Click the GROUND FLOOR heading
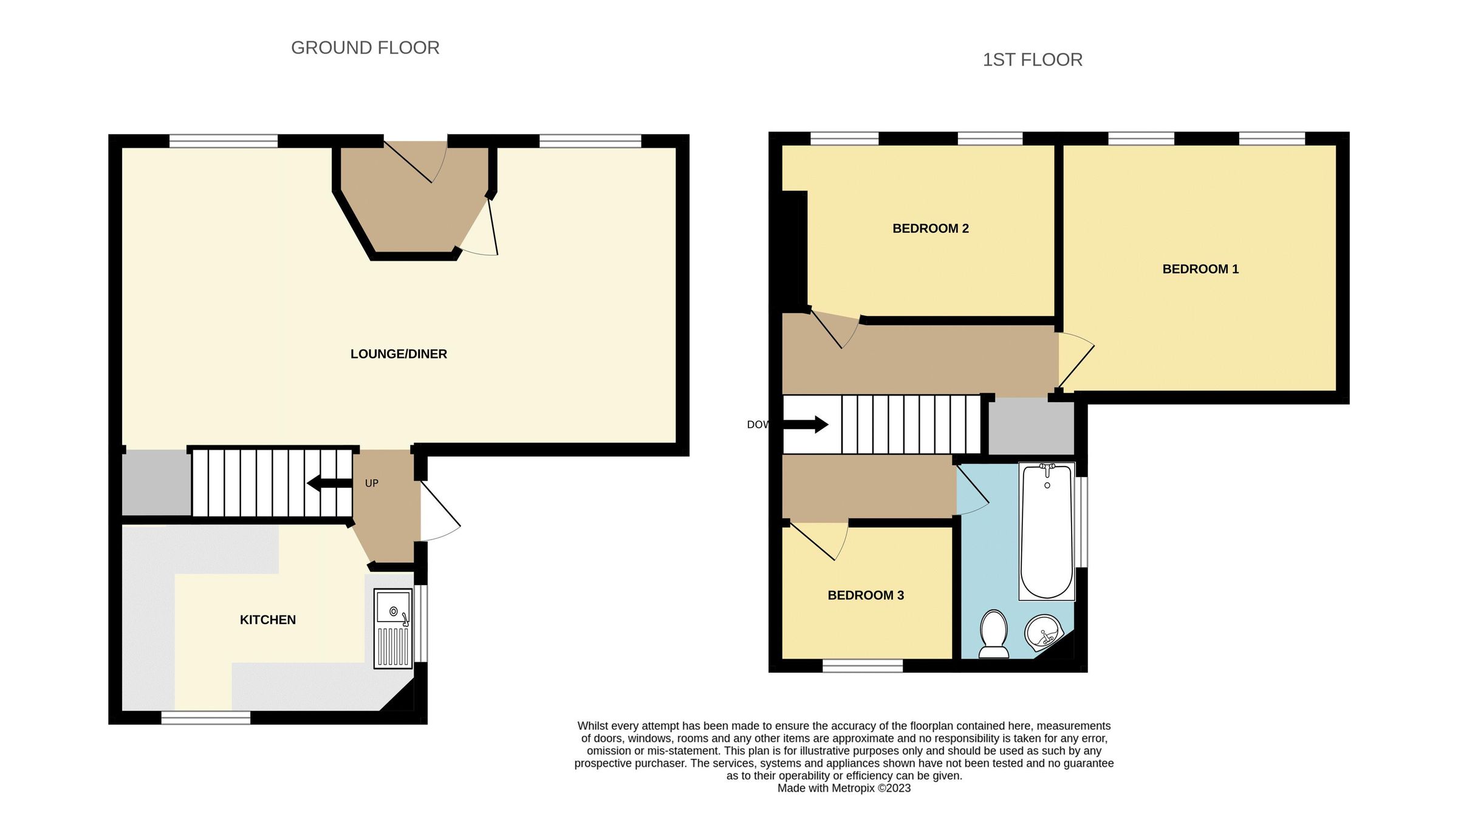coord(365,48)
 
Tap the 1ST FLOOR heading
coord(1032,60)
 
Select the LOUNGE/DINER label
coord(399,354)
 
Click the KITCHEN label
coord(268,620)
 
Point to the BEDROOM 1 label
coord(1200,269)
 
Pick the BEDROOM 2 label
coord(930,228)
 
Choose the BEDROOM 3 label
coord(866,595)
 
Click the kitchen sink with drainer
coord(393,628)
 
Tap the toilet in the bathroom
coord(994,634)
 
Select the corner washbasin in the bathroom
coord(1042,632)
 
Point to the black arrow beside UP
coord(329,484)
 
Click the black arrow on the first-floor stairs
coord(806,424)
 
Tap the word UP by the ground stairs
coord(371,484)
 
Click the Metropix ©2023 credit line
coord(844,789)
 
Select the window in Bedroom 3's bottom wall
coord(863,666)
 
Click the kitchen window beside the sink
coord(421,623)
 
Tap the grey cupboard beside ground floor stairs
coord(156,482)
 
